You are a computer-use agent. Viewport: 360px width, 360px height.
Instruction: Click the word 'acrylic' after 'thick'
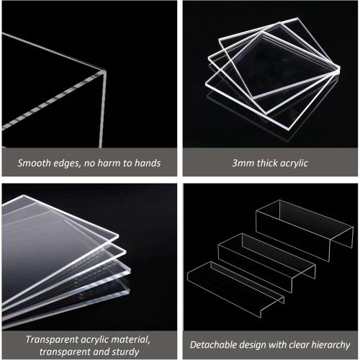pos(294,163)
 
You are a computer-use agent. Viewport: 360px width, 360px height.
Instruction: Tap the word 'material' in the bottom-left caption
pos(138,339)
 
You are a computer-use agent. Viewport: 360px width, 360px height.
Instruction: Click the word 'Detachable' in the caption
pos(215,345)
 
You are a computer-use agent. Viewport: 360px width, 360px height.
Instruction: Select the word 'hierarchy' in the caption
pos(330,345)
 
